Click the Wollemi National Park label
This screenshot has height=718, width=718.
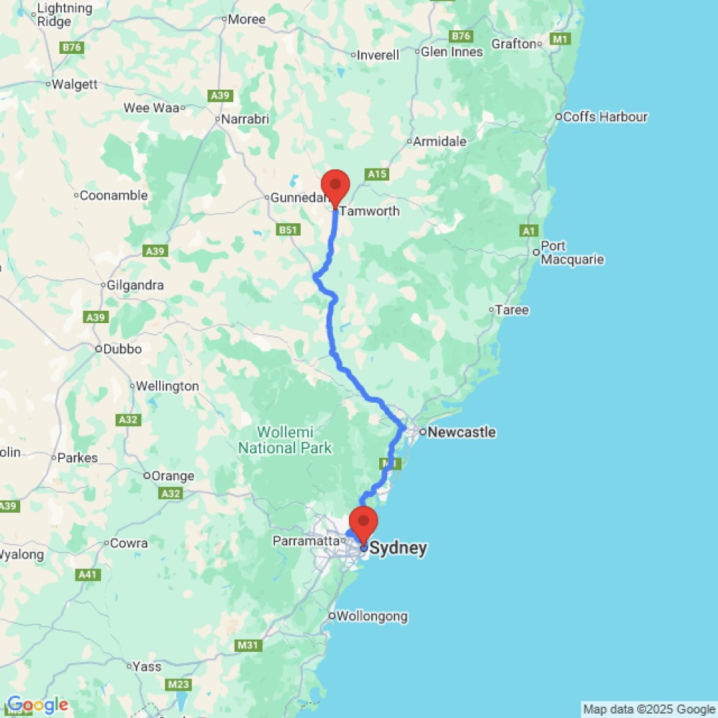coord(285,440)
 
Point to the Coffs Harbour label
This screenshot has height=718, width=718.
coord(605,116)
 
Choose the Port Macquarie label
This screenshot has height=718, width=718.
coord(572,253)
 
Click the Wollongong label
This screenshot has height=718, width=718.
coord(372,616)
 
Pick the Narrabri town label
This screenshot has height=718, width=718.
coord(246,119)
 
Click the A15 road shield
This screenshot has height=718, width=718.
coord(377,174)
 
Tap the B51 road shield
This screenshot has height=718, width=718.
coord(288,230)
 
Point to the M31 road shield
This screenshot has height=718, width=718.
coord(248,646)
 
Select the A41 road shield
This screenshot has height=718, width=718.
coord(88,574)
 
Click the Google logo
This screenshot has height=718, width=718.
coord(37,705)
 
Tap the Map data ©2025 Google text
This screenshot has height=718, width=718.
coord(649,709)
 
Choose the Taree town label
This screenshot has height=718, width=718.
coord(513,310)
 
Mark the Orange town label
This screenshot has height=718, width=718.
coord(172,475)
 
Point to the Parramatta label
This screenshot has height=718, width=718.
coord(305,541)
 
